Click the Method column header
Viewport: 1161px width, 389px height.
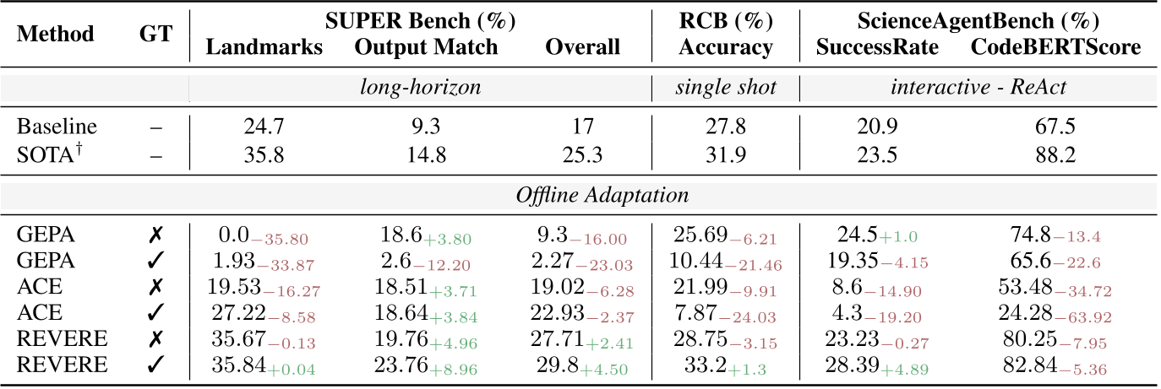click(56, 34)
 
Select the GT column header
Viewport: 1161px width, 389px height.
click(155, 34)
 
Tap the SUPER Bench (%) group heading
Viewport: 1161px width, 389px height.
click(420, 19)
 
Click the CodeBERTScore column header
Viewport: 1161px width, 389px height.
click(1055, 47)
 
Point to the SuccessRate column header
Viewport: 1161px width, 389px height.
click(877, 47)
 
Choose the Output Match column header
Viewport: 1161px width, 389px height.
click(426, 47)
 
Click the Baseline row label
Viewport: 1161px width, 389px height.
click(57, 127)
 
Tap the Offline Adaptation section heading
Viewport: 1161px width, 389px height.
click(602, 196)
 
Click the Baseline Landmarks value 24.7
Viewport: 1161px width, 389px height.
click(264, 127)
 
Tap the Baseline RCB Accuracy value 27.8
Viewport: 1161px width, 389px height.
click(726, 127)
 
